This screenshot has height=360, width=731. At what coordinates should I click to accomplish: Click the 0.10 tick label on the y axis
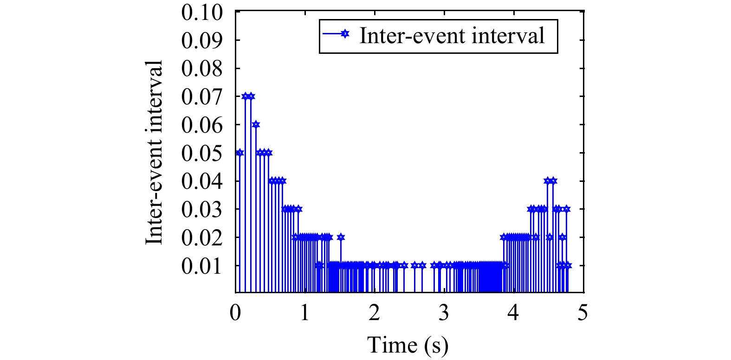click(x=202, y=13)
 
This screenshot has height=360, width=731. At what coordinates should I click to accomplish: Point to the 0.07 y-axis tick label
click(x=202, y=97)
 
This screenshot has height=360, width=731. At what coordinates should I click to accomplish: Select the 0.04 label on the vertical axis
click(x=202, y=182)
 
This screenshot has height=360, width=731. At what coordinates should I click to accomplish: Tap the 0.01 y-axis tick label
click(x=202, y=266)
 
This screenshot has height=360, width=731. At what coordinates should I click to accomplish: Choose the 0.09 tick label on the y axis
click(x=202, y=41)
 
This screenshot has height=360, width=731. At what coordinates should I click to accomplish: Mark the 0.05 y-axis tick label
click(x=202, y=154)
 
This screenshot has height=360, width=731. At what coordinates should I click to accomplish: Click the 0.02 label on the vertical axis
click(x=202, y=238)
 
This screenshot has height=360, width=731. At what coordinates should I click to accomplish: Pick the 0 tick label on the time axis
click(x=236, y=313)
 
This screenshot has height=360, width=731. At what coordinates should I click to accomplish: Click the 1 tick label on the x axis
click(x=305, y=313)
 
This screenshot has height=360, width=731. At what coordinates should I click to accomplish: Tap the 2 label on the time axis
click(x=375, y=313)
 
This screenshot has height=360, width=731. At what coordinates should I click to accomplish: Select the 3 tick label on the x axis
click(x=444, y=313)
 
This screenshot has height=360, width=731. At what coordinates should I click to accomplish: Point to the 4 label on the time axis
click(x=513, y=313)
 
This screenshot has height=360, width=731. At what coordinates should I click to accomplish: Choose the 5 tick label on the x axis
click(x=583, y=313)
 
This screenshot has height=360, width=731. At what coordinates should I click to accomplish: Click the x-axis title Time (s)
click(x=408, y=345)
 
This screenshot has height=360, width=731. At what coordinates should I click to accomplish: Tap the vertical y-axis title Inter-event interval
click(x=155, y=152)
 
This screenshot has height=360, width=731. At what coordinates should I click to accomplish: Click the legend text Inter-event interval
click(x=452, y=36)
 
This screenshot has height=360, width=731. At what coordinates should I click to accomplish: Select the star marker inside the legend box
click(x=344, y=34)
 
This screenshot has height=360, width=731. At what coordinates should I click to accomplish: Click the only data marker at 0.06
click(x=256, y=124)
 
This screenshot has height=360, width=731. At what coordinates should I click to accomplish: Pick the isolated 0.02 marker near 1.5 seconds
click(x=341, y=237)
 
